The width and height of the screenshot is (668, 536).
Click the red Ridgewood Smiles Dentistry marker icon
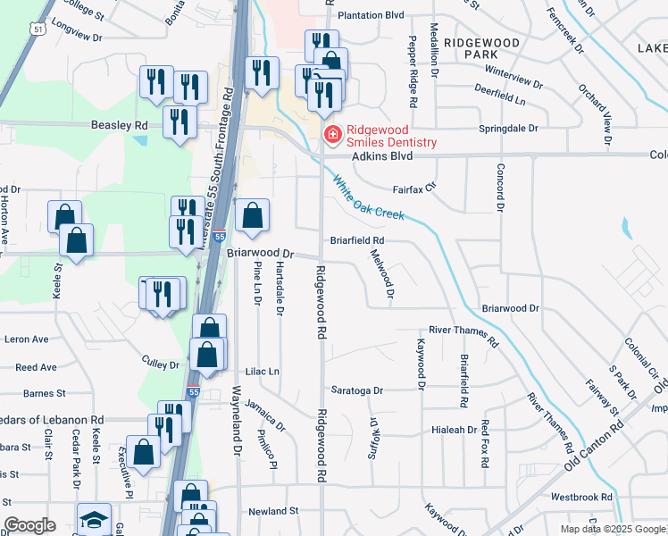(x=331, y=135)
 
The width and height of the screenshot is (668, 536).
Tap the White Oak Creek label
(x=368, y=199)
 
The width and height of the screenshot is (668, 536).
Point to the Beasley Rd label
(x=119, y=126)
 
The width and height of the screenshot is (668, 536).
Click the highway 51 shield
(x=37, y=29)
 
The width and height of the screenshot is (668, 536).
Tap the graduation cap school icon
(x=94, y=521)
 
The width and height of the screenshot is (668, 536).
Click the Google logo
(x=29, y=526)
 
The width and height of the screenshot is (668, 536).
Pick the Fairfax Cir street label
(x=413, y=188)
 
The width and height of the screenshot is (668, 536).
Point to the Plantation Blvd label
(x=371, y=15)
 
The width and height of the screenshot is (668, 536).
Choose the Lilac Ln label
(x=262, y=371)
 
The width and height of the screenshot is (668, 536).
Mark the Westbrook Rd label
(x=581, y=497)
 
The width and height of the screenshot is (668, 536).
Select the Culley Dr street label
(x=161, y=364)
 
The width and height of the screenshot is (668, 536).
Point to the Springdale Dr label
(x=509, y=129)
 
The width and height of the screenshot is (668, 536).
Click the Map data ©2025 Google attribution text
(x=613, y=529)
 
